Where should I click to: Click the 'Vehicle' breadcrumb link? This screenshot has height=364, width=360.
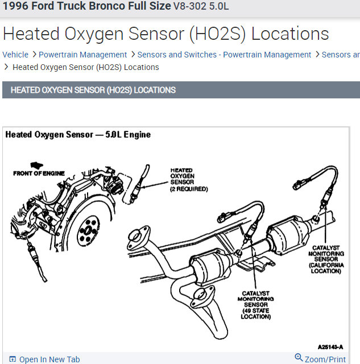(x=15, y=55)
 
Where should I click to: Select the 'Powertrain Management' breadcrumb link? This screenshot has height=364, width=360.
(x=83, y=55)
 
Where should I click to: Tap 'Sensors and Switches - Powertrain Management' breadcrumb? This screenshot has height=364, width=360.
(x=224, y=55)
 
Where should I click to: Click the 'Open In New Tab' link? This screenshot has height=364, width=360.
(x=49, y=359)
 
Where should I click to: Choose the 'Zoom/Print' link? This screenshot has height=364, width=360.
(x=325, y=359)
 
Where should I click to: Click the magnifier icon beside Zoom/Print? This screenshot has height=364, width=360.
(x=299, y=358)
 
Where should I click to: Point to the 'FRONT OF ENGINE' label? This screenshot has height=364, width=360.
(x=39, y=173)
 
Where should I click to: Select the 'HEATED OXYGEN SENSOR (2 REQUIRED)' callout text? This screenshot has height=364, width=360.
(x=188, y=179)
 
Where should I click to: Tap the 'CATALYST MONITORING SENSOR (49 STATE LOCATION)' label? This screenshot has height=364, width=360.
(x=255, y=305)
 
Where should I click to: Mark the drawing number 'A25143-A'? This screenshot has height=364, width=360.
(x=331, y=346)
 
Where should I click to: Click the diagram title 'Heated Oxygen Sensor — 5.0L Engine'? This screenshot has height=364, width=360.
(x=78, y=135)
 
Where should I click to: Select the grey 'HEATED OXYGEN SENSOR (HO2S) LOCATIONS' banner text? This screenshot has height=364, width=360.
(x=93, y=90)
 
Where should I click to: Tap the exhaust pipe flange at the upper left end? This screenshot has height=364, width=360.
(x=136, y=235)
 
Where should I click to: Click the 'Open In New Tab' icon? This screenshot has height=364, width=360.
(x=13, y=359)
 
